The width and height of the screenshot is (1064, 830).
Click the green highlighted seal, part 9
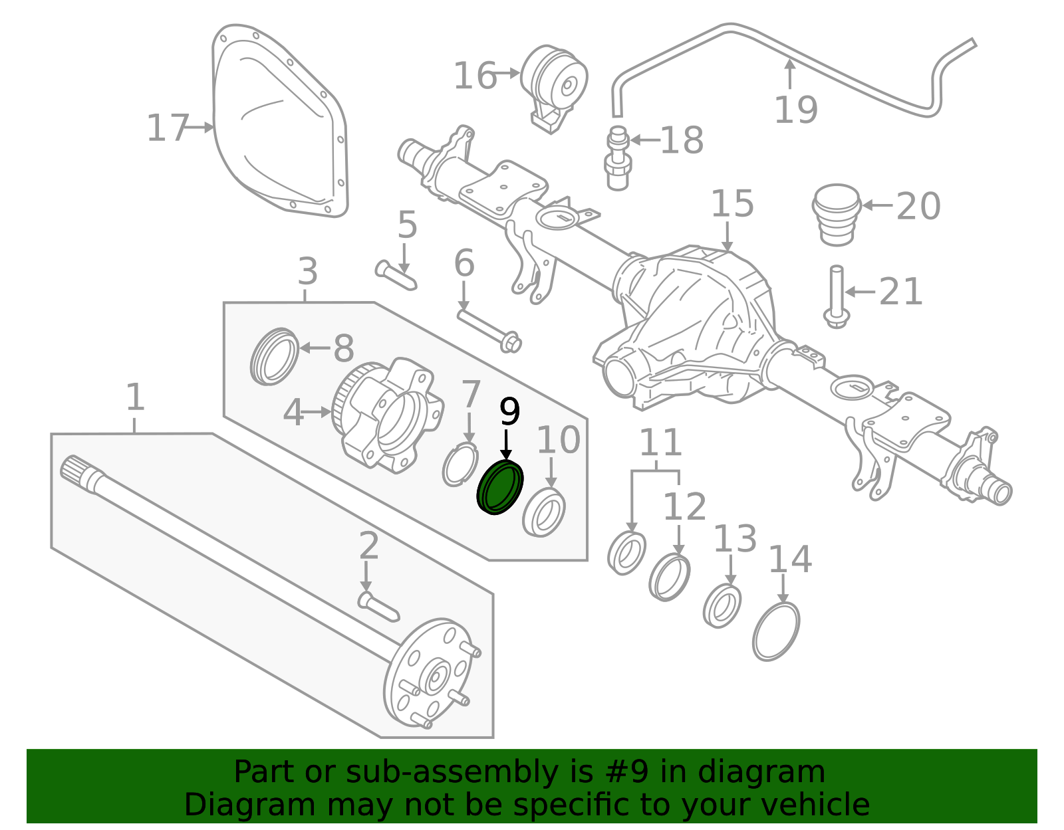[x=500, y=488]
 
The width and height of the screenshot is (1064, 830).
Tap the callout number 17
[x=167, y=128]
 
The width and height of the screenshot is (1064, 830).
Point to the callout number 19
[x=795, y=110]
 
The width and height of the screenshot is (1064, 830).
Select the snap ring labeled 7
[x=460, y=465]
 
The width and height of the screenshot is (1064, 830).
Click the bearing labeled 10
[x=544, y=512]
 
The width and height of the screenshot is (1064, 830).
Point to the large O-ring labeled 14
[x=776, y=631]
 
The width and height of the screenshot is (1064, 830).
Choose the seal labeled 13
[x=722, y=605]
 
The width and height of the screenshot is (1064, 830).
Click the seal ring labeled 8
[x=274, y=356]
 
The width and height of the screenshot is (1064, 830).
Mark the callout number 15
[x=732, y=204]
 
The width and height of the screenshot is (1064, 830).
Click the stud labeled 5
[x=396, y=275]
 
